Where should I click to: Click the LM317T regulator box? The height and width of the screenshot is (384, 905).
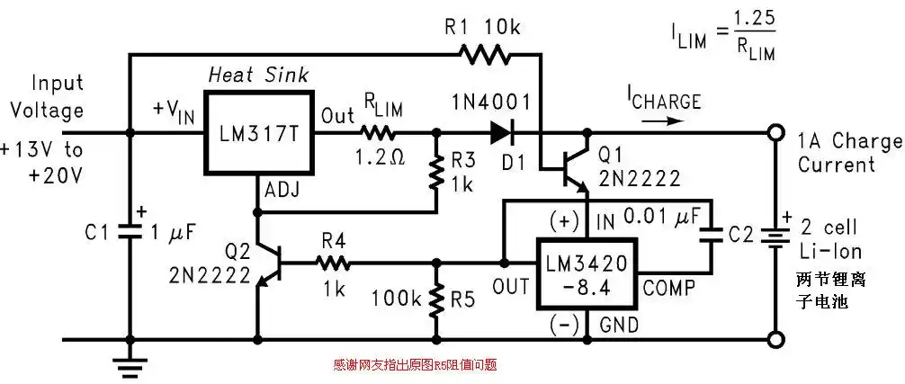tap(260, 133)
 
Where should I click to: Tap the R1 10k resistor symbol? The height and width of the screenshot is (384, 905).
tap(485, 56)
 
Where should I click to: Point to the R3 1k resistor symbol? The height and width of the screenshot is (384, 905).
tap(436, 174)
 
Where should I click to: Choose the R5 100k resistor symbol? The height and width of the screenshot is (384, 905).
tap(436, 302)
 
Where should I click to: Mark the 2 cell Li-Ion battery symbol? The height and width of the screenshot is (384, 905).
tap(773, 235)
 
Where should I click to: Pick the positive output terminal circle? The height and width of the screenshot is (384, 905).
tap(773, 133)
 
